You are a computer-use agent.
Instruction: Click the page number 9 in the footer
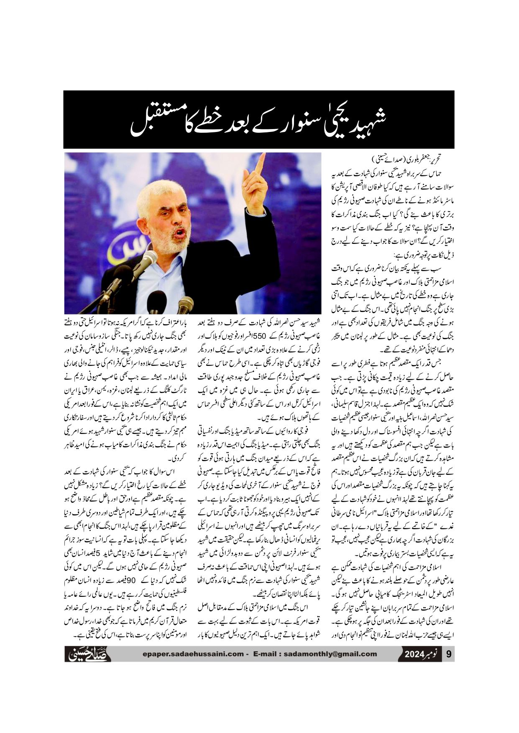(x=449, y=654)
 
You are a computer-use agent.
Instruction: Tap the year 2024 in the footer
(x=414, y=654)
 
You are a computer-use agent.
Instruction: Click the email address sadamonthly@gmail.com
(x=330, y=654)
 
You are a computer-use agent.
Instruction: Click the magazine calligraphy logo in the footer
(x=88, y=654)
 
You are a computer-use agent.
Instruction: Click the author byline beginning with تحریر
(x=406, y=160)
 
